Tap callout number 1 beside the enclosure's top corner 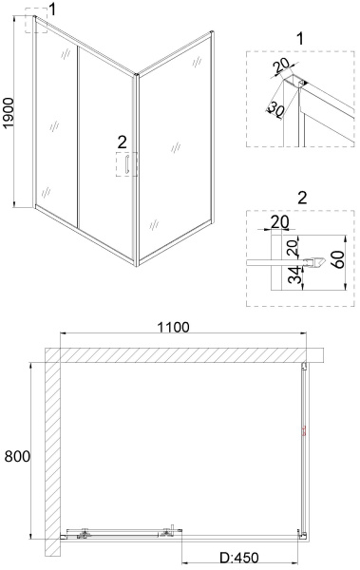point(53,9)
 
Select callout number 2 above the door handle point(122,142)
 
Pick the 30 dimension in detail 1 point(275,106)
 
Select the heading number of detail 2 point(301,198)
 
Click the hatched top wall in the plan point(180,355)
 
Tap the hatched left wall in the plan point(51,446)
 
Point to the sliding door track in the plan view point(119,533)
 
